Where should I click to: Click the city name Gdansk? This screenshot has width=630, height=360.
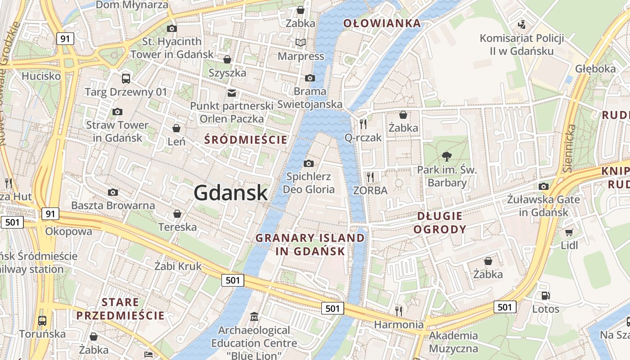click(231, 193)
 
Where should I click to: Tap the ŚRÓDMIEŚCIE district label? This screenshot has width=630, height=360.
click(245, 139)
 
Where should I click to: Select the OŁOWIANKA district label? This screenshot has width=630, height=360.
click(382, 23)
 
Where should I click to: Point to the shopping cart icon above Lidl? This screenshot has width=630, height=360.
click(569, 232)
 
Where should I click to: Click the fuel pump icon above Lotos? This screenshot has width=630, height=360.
click(545, 296)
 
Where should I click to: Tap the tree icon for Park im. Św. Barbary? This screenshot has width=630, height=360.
click(446, 157)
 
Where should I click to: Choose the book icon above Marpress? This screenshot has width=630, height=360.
click(301, 43)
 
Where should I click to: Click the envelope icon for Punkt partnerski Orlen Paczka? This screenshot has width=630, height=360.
click(231, 93)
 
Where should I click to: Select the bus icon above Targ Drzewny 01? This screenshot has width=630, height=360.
click(126, 79)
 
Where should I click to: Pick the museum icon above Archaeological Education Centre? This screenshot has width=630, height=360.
click(254, 317)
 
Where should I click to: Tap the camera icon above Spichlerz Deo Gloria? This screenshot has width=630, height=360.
click(309, 163)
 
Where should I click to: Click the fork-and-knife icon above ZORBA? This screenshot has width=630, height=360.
click(370, 177)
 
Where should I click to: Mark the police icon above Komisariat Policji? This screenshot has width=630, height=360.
click(522, 24)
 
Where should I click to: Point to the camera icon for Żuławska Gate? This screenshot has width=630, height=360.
click(544, 186)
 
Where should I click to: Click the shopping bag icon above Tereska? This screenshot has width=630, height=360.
click(177, 213)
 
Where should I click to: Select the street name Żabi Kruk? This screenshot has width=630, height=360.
click(178, 266)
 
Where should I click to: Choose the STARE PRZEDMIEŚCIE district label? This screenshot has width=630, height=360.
click(120, 308)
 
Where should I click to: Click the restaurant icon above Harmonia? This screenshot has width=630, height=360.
click(398, 310)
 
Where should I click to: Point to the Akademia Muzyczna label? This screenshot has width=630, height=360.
click(453, 342)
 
